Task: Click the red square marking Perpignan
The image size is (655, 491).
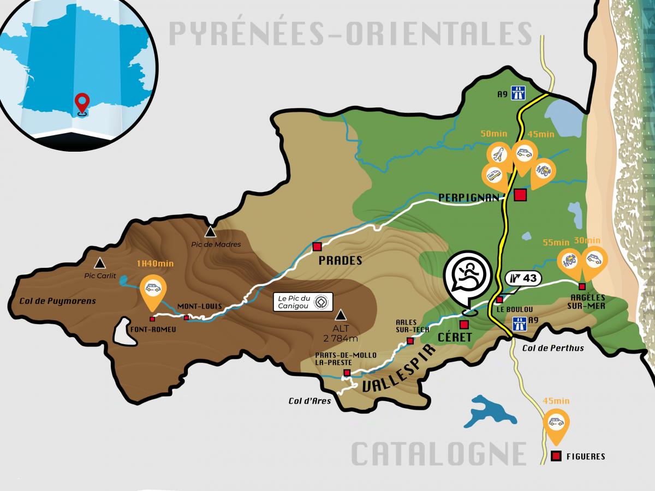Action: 520,195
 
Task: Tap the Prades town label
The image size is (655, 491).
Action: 341,261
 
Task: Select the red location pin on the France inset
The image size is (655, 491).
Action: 82,102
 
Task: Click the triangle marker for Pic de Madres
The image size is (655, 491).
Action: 210,232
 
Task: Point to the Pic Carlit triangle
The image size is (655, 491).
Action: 99,264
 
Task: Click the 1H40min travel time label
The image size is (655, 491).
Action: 155,264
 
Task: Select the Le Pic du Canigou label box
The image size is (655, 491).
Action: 303,302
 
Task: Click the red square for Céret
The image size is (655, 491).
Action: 464,324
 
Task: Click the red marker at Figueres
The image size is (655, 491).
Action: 556,456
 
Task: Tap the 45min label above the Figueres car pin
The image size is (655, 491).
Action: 556,401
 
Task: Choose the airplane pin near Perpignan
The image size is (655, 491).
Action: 498,155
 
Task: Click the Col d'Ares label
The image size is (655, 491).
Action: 309,401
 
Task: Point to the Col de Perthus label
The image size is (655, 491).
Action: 553,348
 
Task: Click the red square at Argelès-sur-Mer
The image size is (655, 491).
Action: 582,286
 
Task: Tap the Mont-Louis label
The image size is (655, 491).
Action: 200,307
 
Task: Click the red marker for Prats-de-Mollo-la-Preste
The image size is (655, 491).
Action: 346,373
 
